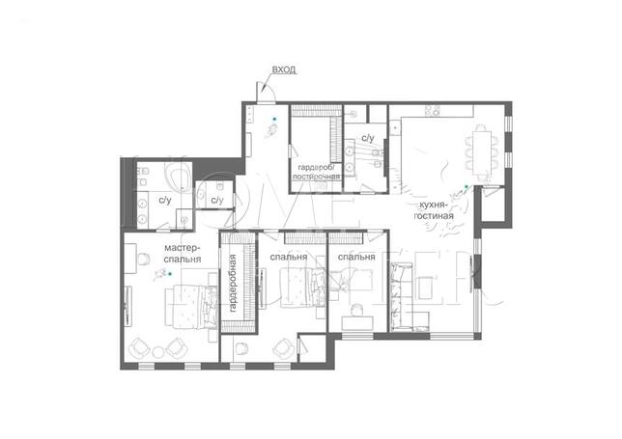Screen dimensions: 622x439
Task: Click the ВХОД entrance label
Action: [284, 69]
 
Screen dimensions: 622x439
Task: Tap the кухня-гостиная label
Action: [434, 210]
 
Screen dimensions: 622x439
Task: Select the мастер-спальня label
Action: [183, 254]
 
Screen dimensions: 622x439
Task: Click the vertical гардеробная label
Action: [233, 283]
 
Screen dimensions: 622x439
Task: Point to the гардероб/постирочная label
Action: [316, 172]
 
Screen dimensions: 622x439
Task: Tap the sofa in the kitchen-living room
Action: [398, 296]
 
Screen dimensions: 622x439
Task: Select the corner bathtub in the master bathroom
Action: [179, 177]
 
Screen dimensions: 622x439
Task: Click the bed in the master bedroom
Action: [191, 307]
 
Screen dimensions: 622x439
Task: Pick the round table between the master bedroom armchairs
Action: [158, 352]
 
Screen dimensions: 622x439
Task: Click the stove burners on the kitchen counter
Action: [433, 111]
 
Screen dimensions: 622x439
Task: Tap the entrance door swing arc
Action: [270, 91]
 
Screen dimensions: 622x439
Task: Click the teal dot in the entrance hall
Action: [273, 119]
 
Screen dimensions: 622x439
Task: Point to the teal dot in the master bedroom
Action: [171, 273]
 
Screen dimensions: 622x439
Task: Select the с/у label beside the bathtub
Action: [165, 201]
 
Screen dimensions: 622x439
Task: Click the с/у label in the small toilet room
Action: [217, 200]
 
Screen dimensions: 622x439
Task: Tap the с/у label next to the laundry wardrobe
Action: [368, 138]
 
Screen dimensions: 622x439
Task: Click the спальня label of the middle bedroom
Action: [289, 257]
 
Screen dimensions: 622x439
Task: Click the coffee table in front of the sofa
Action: [424, 288]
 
